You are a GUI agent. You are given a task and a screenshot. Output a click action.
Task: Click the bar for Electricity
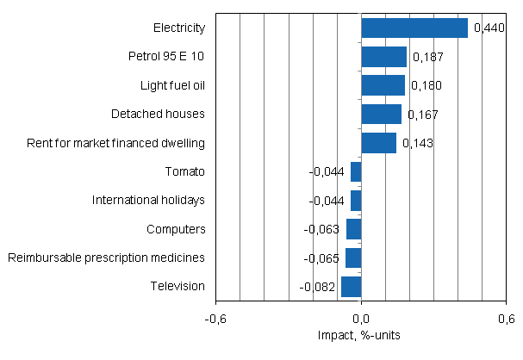click(x=414, y=28)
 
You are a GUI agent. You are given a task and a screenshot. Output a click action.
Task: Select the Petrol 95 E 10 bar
click(x=383, y=57)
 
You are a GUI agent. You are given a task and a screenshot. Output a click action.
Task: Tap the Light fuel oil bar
click(x=383, y=85)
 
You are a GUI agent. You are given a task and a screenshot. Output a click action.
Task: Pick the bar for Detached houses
click(x=381, y=114)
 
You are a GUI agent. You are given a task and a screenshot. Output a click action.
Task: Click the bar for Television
click(x=351, y=286)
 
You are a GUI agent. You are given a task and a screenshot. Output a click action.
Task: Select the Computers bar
click(x=353, y=229)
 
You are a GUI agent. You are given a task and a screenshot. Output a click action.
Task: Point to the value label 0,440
click(x=489, y=28)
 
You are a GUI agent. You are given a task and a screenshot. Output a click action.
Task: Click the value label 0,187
click(x=427, y=57)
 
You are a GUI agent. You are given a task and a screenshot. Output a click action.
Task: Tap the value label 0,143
click(x=417, y=143)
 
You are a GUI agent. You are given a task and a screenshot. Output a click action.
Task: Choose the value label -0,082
click(x=318, y=286)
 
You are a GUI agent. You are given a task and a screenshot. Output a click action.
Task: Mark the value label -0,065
click(x=323, y=258)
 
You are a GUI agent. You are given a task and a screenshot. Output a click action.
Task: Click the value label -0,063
click(x=323, y=229)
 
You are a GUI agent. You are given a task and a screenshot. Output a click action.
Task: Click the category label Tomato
click(x=184, y=171)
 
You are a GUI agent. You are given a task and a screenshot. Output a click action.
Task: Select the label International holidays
click(x=148, y=200)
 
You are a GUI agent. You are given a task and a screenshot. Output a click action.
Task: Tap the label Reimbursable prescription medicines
click(x=106, y=258)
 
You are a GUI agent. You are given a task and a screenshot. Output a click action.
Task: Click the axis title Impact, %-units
click(x=361, y=335)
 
